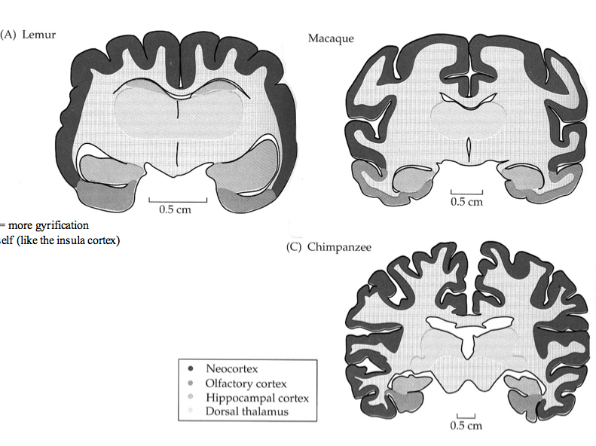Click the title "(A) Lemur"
29,35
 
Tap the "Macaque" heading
330,38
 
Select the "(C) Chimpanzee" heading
329,247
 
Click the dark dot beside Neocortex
191,369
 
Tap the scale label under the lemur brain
175,209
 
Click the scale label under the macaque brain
466,203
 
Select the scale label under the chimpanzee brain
465,426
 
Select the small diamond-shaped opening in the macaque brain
468,146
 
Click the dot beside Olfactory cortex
191,383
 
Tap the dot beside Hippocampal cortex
191,398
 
